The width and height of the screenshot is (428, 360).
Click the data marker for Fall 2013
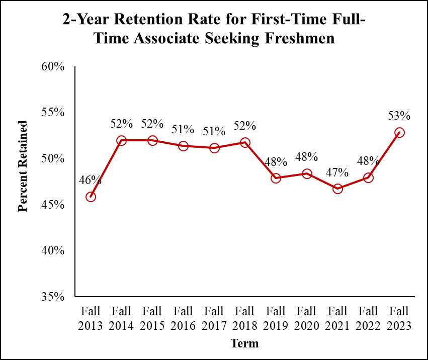tap(91, 197)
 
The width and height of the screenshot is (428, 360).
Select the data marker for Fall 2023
tap(399, 133)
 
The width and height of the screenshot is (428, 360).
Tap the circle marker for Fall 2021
tap(338, 189)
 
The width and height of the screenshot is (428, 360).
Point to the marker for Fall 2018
tap(245, 143)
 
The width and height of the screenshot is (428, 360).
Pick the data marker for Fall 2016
tap(183, 146)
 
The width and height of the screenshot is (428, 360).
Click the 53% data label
tap(399, 116)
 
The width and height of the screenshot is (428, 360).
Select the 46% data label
tap(91, 180)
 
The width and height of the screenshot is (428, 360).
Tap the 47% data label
tap(337, 172)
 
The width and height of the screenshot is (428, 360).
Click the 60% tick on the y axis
tap(53, 66)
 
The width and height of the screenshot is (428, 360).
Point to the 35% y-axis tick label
tap(53, 296)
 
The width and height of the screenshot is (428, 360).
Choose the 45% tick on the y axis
tap(53, 205)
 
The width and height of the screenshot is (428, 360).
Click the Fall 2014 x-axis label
tap(121, 318)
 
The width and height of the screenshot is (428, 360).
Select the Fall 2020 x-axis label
tap(306, 318)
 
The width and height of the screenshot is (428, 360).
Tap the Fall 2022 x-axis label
tap(368, 318)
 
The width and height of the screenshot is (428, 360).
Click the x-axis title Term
tap(244, 343)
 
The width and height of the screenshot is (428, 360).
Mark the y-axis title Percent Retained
tap(23, 166)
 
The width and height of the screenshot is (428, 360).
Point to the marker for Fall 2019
tap(276, 178)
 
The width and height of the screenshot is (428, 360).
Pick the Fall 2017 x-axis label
tap(214, 318)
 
